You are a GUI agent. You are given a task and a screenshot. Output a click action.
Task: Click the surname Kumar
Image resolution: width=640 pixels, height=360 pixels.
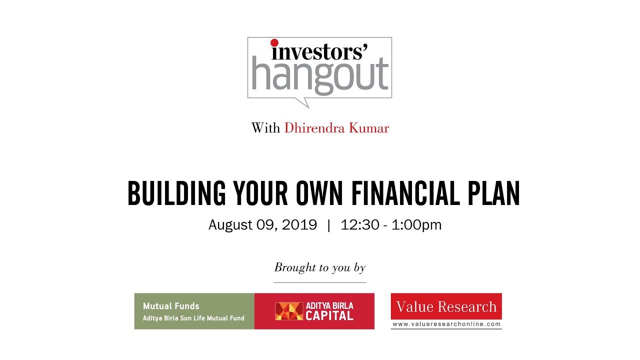(x=370, y=128)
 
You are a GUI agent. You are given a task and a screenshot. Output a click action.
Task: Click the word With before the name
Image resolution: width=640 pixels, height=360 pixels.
(x=265, y=128)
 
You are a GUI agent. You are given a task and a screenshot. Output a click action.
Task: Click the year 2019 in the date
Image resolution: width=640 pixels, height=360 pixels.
(x=299, y=225)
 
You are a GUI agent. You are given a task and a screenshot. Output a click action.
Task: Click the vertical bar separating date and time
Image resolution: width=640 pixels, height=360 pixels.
(x=328, y=225)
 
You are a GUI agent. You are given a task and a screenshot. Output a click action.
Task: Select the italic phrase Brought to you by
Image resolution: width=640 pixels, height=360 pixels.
(x=320, y=267)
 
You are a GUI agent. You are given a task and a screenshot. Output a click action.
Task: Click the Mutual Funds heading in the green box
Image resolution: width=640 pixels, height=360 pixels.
(x=171, y=306)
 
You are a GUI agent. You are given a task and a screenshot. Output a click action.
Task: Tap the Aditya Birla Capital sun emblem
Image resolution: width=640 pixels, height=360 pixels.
(x=289, y=311)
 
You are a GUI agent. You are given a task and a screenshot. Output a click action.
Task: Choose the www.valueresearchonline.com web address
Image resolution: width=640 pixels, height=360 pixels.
(x=446, y=324)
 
